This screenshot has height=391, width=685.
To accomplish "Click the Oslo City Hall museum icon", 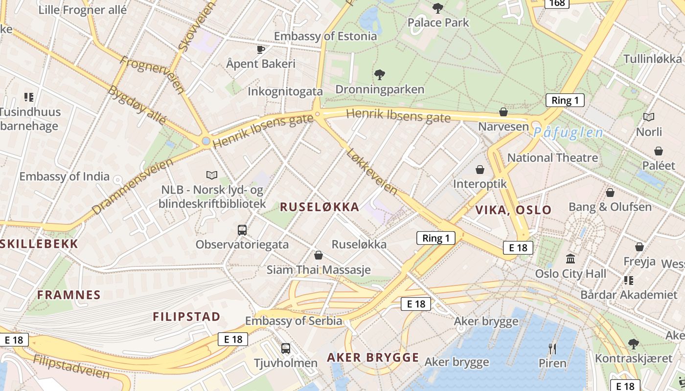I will pyautogui.click(x=571, y=259).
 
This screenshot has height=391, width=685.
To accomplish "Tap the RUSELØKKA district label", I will pyautogui.click(x=320, y=207).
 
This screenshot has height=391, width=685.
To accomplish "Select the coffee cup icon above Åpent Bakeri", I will pyautogui.click(x=261, y=49).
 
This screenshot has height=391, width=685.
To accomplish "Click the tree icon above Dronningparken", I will pyautogui.click(x=379, y=75).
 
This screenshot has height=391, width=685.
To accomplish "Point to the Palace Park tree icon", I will pyautogui.click(x=438, y=8).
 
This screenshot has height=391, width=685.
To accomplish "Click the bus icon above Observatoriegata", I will pyautogui.click(x=242, y=230).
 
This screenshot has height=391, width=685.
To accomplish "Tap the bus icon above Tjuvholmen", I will pyautogui.click(x=286, y=348).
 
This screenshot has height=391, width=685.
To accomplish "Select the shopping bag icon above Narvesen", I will pyautogui.click(x=503, y=112).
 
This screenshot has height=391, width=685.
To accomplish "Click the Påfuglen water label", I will pyautogui.click(x=568, y=132).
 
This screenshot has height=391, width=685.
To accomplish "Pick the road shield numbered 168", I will pyautogui.click(x=557, y=3).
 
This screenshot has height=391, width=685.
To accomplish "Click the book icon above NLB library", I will pyautogui.click(x=212, y=175).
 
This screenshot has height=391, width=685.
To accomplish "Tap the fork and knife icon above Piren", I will pyautogui.click(x=552, y=348).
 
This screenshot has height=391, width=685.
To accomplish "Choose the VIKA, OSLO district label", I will pyautogui.click(x=513, y=210).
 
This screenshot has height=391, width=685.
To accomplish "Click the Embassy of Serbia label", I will pyautogui.click(x=294, y=321).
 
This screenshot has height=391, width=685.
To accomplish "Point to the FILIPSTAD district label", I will pyautogui.click(x=186, y=317).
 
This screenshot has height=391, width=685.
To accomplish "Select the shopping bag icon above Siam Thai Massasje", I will pyautogui.click(x=319, y=255).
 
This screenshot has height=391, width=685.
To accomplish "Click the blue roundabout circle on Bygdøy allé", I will pyautogui.click(x=206, y=141).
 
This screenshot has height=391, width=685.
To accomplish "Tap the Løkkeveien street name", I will pyautogui.click(x=371, y=172).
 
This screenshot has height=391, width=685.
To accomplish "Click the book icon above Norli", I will pyautogui.click(x=649, y=117).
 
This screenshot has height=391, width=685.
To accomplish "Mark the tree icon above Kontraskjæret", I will pyautogui.click(x=634, y=344).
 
